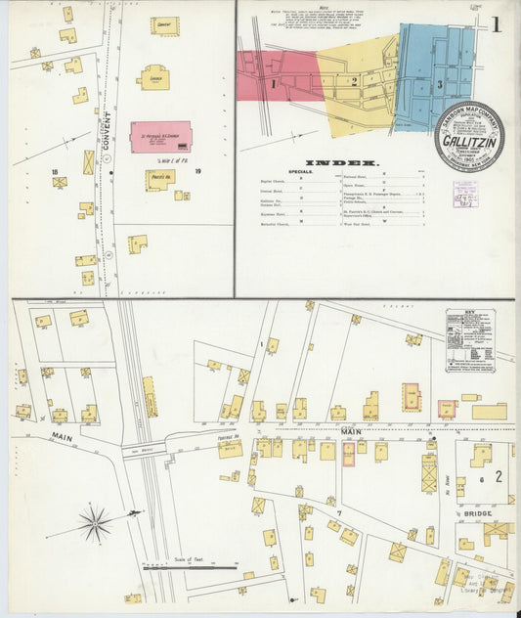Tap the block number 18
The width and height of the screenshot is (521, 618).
[55, 171]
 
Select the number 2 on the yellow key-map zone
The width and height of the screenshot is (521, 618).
[354, 81]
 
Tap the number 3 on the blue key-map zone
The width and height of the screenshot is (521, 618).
[440, 85]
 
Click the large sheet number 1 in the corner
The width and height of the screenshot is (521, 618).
[497, 23]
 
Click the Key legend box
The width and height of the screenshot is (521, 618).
[469, 339]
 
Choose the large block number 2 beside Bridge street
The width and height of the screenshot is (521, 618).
[498, 476]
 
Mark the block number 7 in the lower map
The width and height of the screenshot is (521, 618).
[339, 512]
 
